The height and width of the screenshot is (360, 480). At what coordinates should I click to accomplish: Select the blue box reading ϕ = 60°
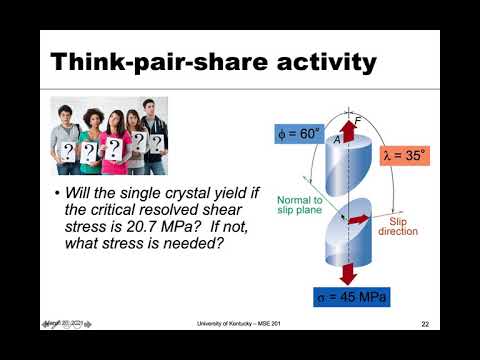(x=299, y=134)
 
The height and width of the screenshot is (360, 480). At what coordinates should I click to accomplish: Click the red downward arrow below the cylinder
(x=351, y=273)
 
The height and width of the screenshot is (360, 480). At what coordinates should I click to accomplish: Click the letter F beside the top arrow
(x=358, y=122)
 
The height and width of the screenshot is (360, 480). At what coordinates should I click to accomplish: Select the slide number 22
(x=425, y=325)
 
